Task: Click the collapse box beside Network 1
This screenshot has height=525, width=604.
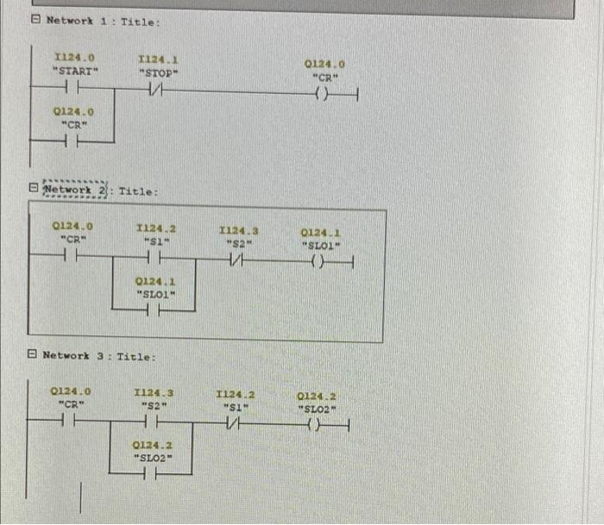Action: (x=35, y=20)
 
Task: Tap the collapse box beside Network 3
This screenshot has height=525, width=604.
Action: (x=32, y=354)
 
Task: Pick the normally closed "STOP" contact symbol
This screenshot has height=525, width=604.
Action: (x=156, y=91)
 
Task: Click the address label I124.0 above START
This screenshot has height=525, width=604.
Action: (x=73, y=58)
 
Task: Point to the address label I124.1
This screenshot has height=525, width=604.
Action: (x=158, y=59)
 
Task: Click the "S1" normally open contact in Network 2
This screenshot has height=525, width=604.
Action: (x=156, y=259)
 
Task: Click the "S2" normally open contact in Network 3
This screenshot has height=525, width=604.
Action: (x=155, y=422)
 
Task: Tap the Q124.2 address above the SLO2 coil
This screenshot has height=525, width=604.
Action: (x=316, y=396)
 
